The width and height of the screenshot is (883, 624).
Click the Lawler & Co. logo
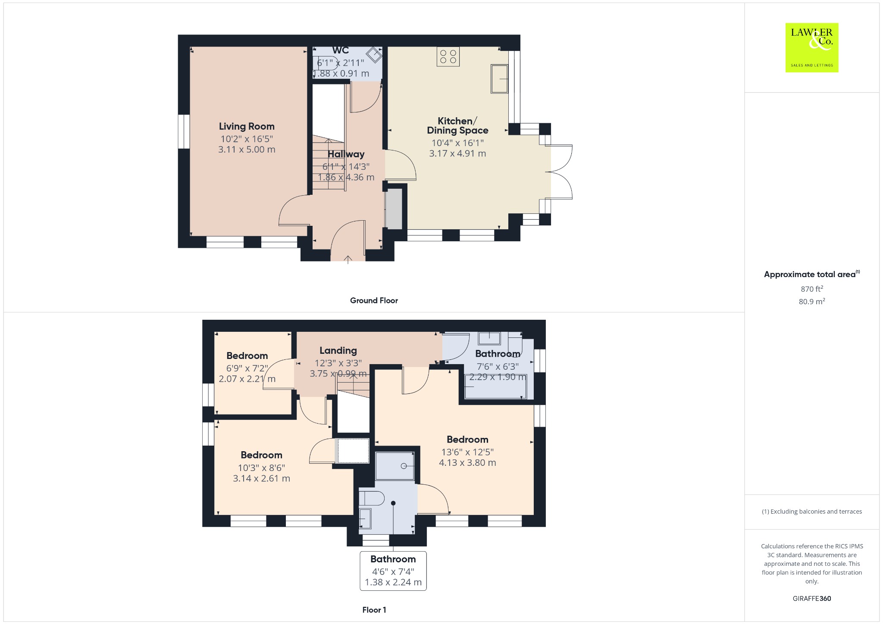[812, 47]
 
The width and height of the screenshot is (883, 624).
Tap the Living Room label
[247, 126]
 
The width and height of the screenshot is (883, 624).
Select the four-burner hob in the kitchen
[448, 56]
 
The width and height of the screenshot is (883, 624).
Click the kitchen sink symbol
[499, 79]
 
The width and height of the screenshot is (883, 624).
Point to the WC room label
[341, 50]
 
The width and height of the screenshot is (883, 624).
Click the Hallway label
[346, 154]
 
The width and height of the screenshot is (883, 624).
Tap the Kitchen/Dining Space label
[457, 125]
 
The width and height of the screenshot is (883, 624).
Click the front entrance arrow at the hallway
[348, 259]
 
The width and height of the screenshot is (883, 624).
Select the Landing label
[338, 351]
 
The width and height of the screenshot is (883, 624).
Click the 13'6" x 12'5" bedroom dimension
[467, 452]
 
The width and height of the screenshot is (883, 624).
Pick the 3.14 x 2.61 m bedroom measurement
[261, 478]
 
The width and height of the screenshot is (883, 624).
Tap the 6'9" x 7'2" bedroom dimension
[247, 368]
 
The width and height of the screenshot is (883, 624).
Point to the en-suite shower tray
[395, 466]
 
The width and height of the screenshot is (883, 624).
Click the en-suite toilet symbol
[371, 499]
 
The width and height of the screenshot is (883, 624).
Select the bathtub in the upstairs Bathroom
[495, 387]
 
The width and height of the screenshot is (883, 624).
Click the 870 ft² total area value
[812, 289]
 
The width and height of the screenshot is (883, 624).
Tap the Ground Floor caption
[374, 300]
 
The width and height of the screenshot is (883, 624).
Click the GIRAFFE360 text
[812, 598]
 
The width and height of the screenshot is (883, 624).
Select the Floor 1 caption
[374, 610]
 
